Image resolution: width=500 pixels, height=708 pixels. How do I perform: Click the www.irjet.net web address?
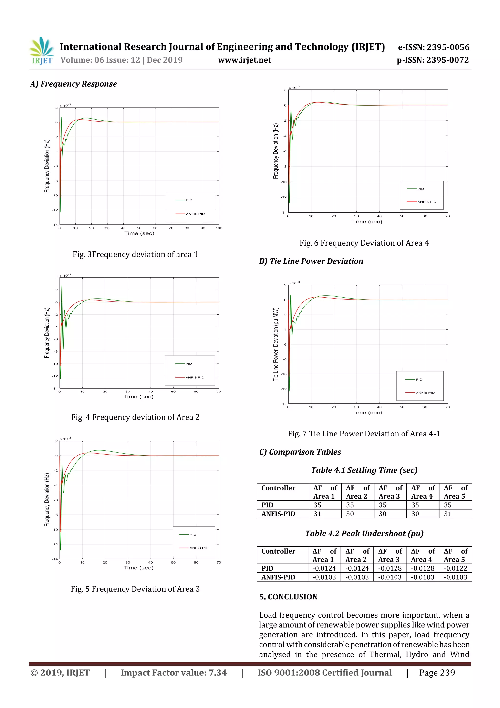245,60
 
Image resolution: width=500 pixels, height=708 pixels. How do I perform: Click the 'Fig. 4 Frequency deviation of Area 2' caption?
135,417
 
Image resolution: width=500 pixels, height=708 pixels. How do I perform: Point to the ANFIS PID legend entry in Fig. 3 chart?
195,214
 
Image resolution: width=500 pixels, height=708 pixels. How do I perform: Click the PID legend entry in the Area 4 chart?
420,189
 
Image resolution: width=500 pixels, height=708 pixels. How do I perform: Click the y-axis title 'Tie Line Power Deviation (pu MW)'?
276,344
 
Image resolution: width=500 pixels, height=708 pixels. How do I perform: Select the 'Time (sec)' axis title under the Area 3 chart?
138,568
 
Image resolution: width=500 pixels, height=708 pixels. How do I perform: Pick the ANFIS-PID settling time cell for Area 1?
318,514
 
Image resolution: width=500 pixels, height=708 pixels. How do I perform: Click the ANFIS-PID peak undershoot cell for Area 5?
455,577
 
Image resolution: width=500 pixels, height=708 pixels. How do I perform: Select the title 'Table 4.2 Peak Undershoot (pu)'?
364,534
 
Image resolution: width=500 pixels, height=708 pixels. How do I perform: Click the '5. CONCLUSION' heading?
288,597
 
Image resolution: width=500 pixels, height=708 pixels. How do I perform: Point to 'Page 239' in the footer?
437,673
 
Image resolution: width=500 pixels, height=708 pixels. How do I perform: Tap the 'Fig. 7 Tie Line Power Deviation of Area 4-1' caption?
364,434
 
